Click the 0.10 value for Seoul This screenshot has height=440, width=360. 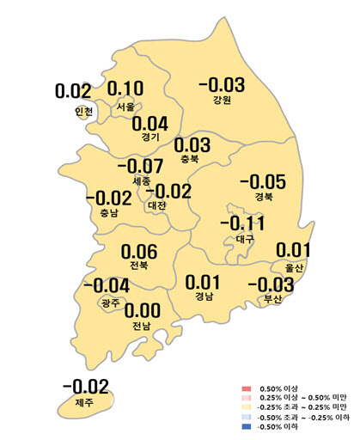126,89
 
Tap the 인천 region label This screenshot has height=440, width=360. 82,111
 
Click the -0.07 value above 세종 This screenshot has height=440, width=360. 140,165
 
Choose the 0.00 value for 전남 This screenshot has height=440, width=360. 143,311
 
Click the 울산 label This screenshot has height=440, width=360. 294,268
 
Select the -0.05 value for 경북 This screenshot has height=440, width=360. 262,181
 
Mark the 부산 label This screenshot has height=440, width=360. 274,300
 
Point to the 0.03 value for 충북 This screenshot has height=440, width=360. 192,144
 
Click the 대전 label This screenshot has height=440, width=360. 157,206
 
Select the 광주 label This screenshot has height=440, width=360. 110,302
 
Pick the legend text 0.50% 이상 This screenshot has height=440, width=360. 280,390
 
